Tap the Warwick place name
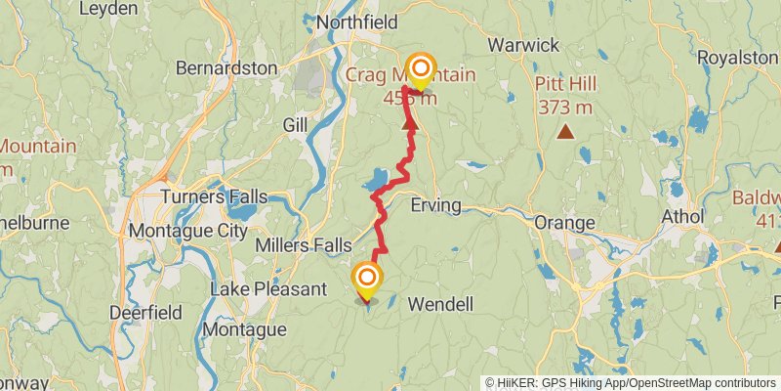pos(523,45)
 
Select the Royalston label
pos(737,58)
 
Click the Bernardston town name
pos(226,68)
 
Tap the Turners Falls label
pos(215,196)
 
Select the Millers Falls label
pos(301,244)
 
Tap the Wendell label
pos(439,304)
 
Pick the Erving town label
pos(435,206)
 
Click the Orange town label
pos(564,223)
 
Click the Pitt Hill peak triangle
pos(564,131)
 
